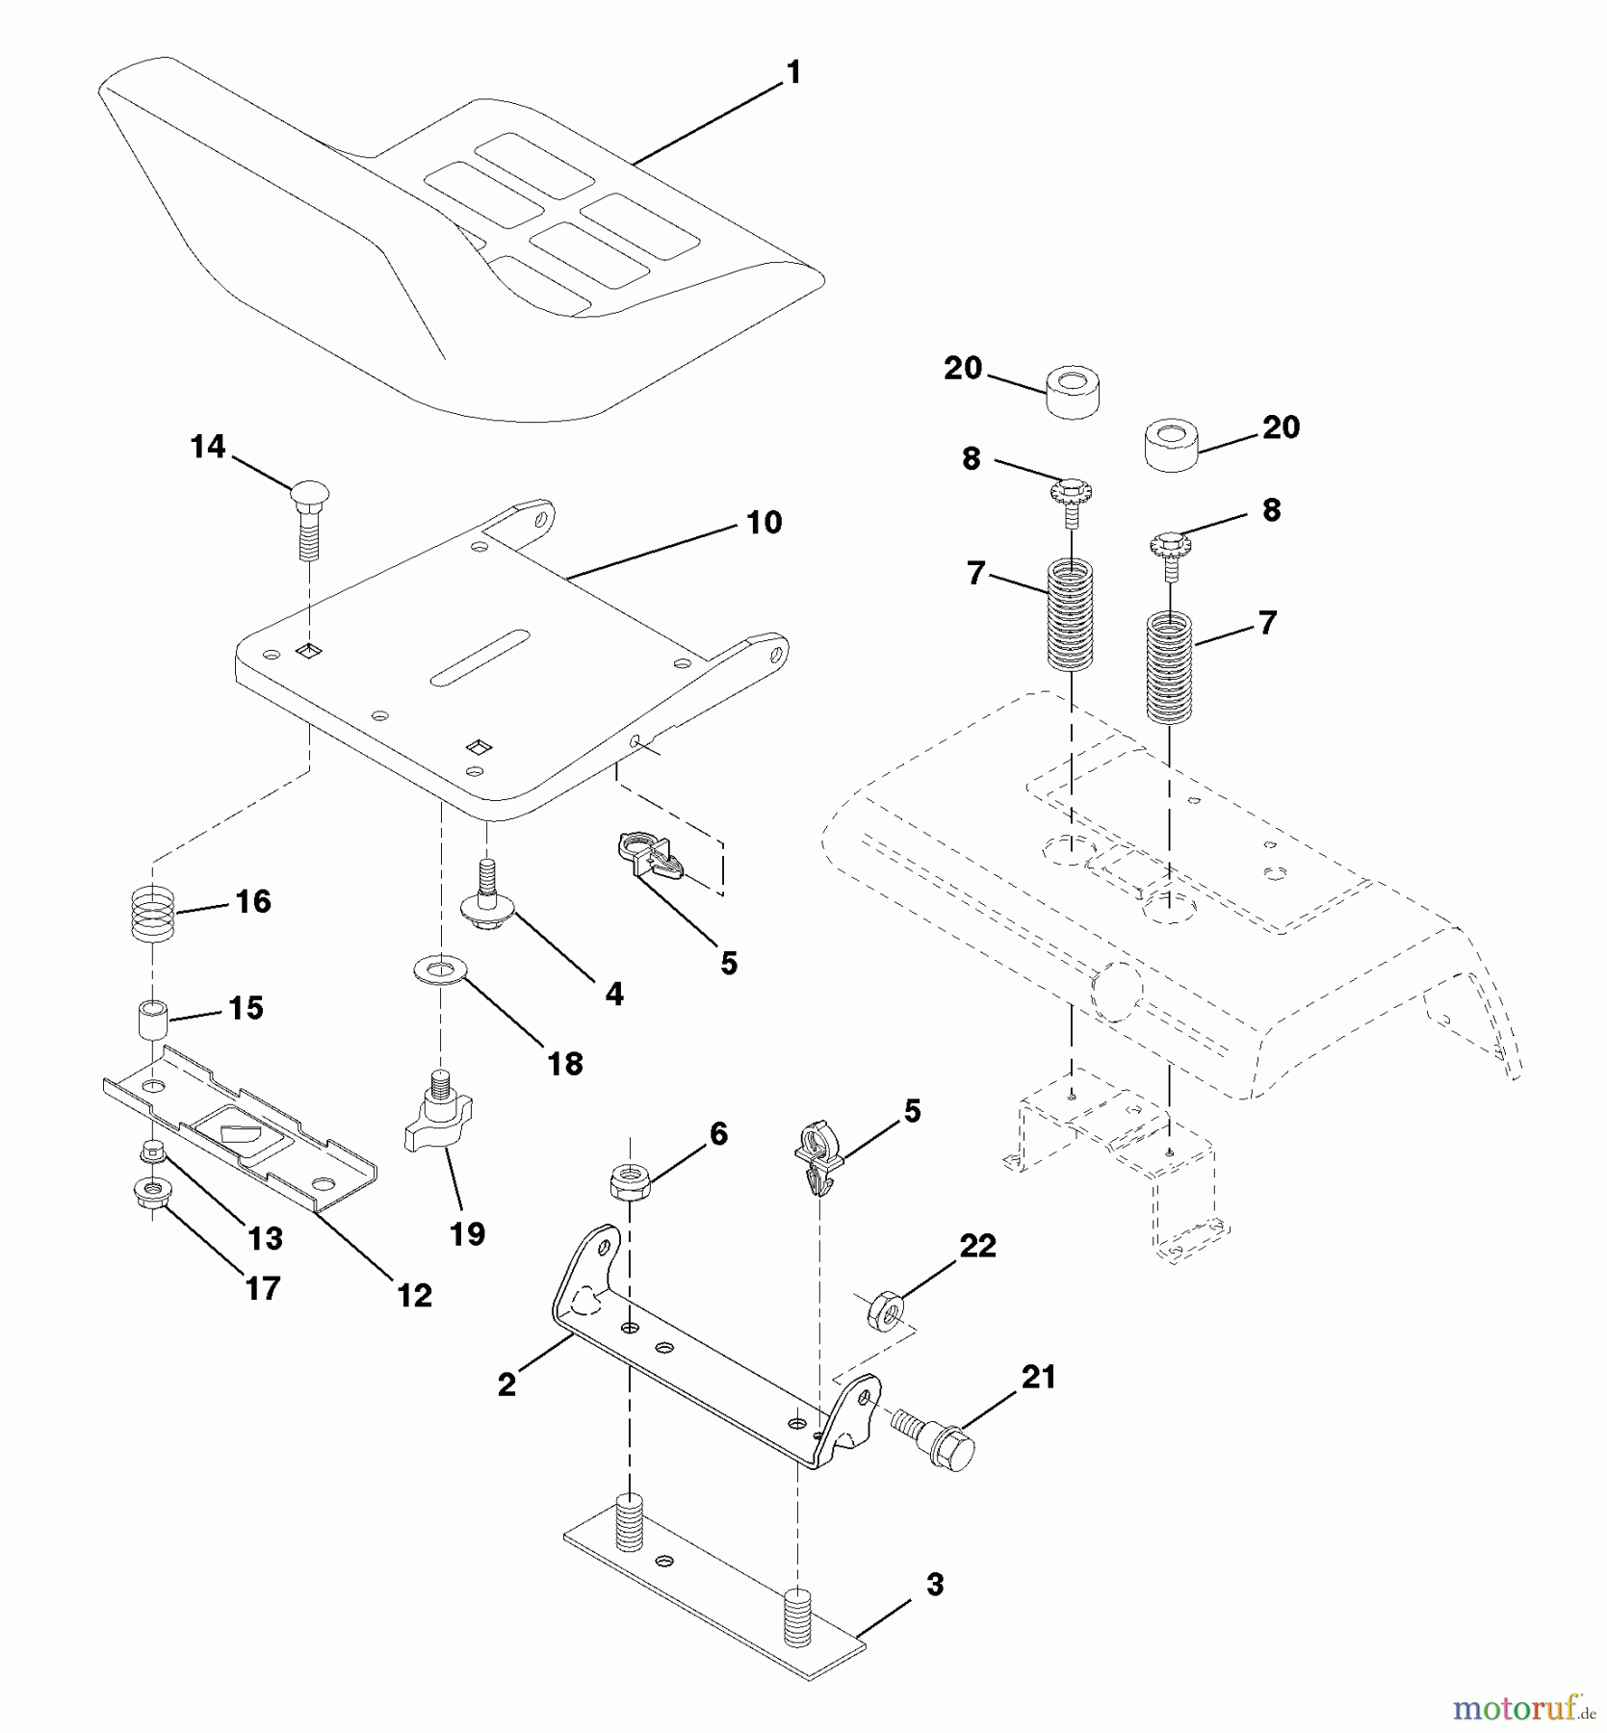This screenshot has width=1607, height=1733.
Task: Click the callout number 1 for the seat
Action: (793, 73)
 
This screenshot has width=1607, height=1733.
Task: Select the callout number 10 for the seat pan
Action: (764, 523)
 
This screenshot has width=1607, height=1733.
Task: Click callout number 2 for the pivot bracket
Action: (506, 1385)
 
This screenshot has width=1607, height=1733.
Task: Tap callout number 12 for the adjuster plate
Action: (415, 1295)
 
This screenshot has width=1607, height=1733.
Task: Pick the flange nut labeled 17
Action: (149, 1195)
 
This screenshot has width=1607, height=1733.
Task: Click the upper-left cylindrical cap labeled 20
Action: (1074, 391)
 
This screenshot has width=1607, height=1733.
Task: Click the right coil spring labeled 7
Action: (1169, 668)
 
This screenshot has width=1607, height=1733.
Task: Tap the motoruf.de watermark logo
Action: (1524, 1709)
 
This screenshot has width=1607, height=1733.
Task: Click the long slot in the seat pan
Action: (480, 659)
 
